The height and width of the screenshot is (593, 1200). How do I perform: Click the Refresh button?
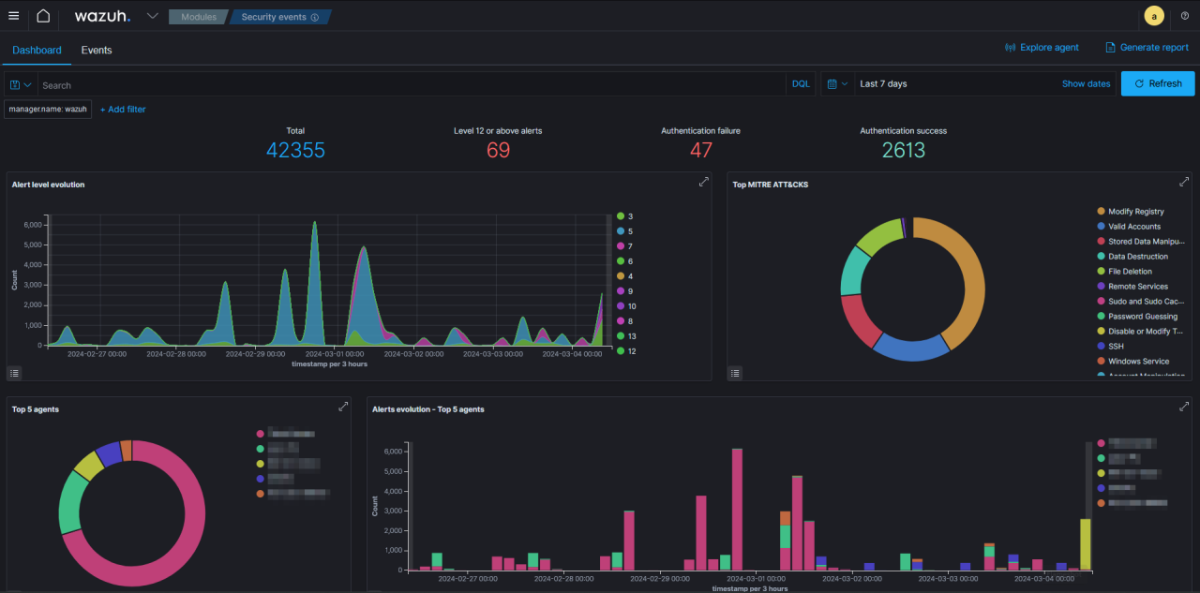tap(1158, 83)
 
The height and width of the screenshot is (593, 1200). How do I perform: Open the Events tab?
tap(97, 50)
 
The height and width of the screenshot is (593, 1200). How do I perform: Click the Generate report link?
tap(1147, 47)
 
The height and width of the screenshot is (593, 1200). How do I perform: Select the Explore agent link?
tap(1042, 47)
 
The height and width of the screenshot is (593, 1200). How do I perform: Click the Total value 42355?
tap(295, 150)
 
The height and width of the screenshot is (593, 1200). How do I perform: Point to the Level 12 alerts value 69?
tap(498, 150)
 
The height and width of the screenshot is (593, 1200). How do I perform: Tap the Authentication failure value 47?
tap(700, 150)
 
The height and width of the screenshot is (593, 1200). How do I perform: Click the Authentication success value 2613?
tap(903, 150)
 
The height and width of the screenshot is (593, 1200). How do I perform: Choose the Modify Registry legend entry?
tap(1135, 212)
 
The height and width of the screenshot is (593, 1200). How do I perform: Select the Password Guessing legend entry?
tap(1142, 317)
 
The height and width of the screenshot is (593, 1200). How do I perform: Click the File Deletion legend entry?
tap(1130, 272)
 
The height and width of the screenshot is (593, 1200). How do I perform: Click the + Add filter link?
tap(123, 110)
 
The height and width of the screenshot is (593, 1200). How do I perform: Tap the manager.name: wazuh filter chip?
tap(48, 110)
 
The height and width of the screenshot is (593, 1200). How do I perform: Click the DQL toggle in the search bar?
tap(801, 84)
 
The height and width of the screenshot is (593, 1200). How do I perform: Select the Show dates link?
tap(1086, 83)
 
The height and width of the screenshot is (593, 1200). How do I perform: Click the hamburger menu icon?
tap(14, 16)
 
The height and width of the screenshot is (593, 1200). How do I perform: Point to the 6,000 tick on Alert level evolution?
tap(33, 225)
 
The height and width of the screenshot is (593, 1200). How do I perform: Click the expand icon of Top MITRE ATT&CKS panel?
tap(1184, 182)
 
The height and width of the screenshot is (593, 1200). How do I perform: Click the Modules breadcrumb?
tap(198, 17)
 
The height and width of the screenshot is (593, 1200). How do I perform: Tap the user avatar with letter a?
tap(1154, 16)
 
